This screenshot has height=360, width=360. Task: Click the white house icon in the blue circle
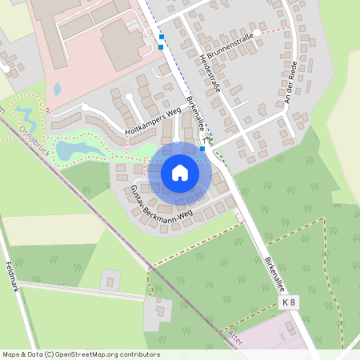[x=180, y=172]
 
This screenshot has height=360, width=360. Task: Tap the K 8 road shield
[x=289, y=302]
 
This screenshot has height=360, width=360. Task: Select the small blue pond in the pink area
[x=57, y=89]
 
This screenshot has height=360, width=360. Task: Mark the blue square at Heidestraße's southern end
[x=202, y=148]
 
